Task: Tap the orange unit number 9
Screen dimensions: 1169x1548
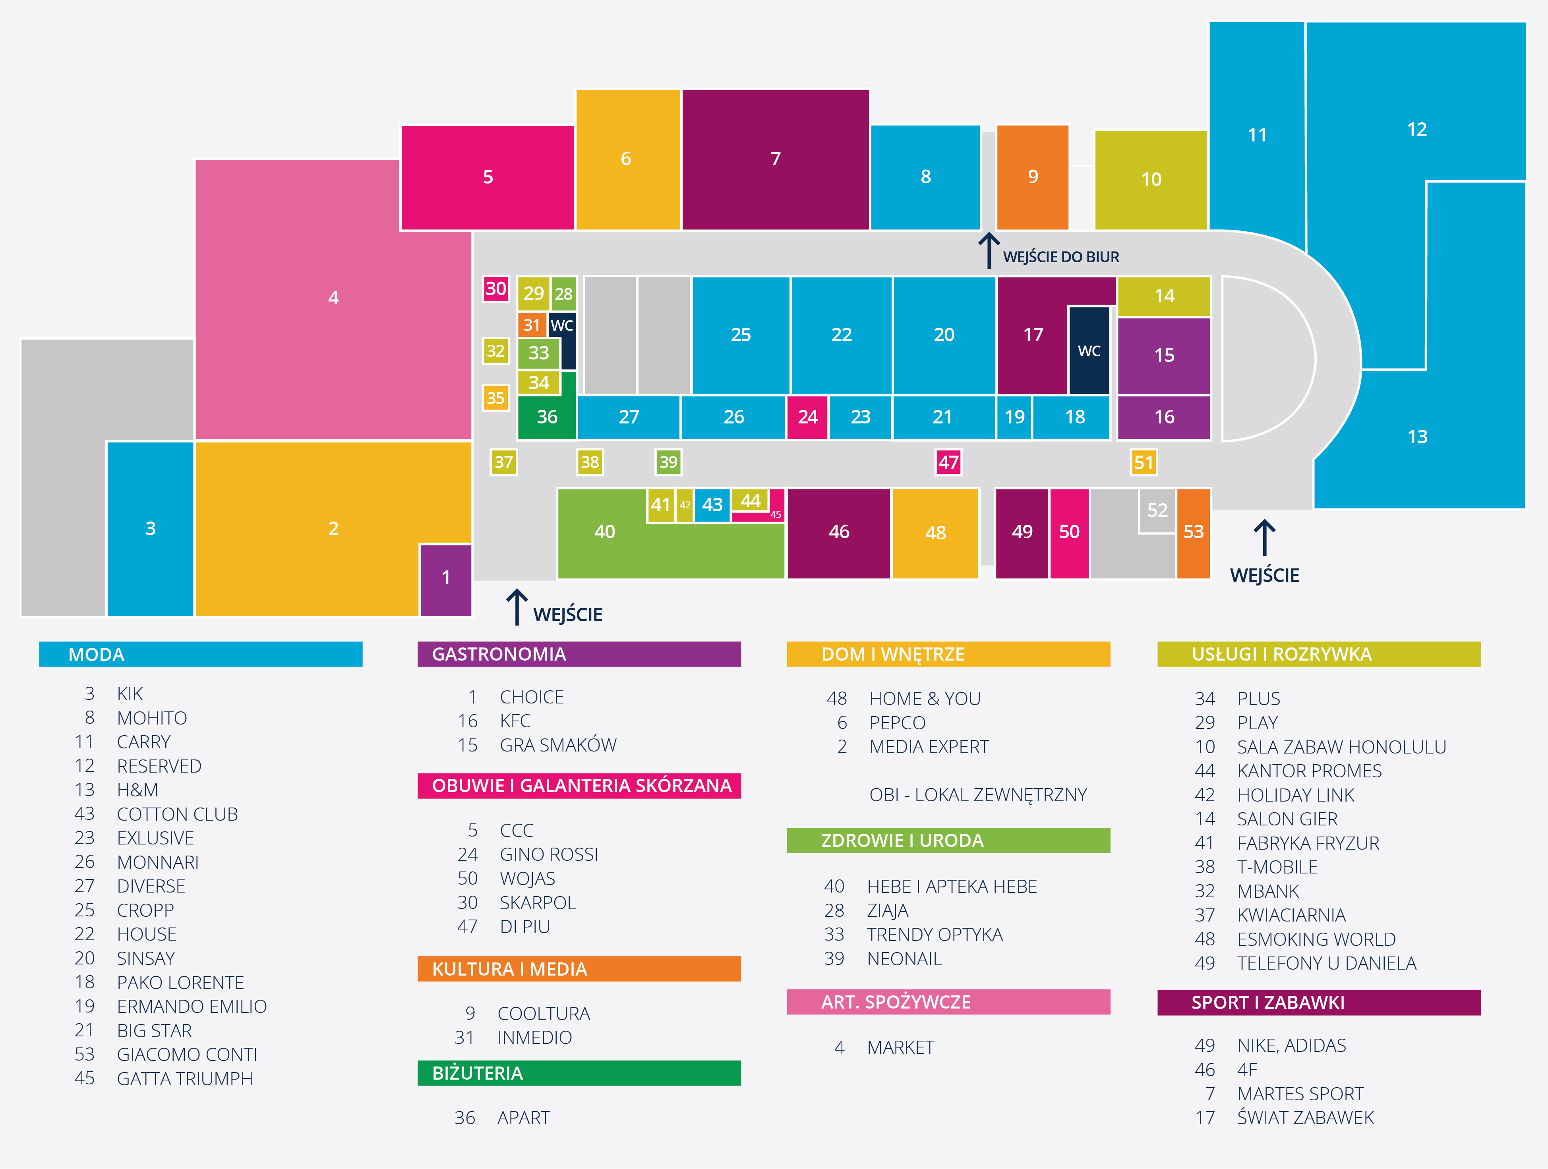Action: pyautogui.click(x=1032, y=177)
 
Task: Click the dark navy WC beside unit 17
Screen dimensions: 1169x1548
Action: pyautogui.click(x=1089, y=350)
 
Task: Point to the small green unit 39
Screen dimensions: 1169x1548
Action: pyautogui.click(x=668, y=462)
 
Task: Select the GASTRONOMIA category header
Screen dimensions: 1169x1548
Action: pyautogui.click(x=579, y=654)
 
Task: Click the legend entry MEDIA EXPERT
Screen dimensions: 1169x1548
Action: pyautogui.click(x=929, y=747)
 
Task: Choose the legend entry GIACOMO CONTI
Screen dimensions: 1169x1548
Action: pyautogui.click(x=187, y=1054)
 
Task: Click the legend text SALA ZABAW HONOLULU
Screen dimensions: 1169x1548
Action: pyautogui.click(x=1341, y=747)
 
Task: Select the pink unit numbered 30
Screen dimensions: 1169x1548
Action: pyautogui.click(x=495, y=289)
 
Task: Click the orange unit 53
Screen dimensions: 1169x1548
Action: pyautogui.click(x=1193, y=532)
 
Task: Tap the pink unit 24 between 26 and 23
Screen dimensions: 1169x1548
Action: pyautogui.click(x=808, y=417)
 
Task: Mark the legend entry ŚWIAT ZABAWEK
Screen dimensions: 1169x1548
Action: pyautogui.click(x=1305, y=1118)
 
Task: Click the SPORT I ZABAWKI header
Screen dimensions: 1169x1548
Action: pyautogui.click(x=1318, y=1003)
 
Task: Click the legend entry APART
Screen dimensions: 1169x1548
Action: pyautogui.click(x=523, y=1118)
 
